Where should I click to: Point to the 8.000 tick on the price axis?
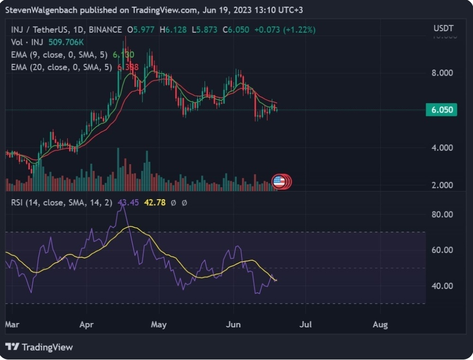point(443,73)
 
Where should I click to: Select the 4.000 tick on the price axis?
point(443,148)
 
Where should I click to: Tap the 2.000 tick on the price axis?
point(443,185)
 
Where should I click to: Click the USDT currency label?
point(443,28)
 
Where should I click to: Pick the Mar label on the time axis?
point(12,325)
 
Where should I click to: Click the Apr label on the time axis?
point(87,325)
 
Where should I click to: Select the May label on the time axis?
point(159,325)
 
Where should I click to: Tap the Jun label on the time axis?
point(233,325)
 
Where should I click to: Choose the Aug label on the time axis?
point(380,325)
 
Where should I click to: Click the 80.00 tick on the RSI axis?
point(443,214)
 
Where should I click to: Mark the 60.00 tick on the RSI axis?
point(443,250)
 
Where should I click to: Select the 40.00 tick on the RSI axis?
point(443,286)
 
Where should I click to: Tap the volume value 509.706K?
point(66,42)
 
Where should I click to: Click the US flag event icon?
point(279,181)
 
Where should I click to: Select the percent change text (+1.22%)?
point(300,30)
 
